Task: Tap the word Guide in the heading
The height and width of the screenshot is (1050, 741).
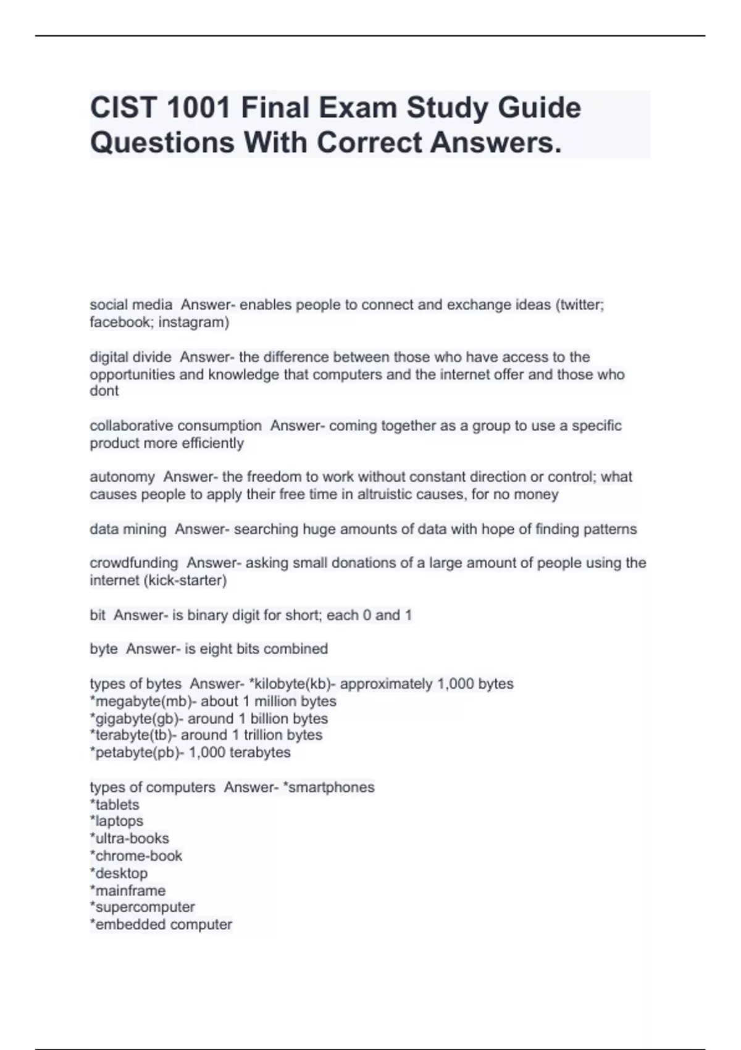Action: (x=540, y=108)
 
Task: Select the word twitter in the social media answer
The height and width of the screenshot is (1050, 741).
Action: (x=580, y=304)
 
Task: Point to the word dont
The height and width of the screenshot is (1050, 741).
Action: (x=104, y=391)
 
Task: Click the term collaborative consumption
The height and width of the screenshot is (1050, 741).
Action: (x=175, y=426)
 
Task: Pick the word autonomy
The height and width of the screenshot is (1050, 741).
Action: (x=122, y=477)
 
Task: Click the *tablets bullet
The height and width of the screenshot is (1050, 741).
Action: (x=115, y=804)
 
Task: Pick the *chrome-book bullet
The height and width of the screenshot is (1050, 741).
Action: (x=136, y=855)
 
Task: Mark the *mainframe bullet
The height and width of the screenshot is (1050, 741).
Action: (x=128, y=890)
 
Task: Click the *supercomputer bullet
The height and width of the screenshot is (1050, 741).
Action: (x=143, y=907)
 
